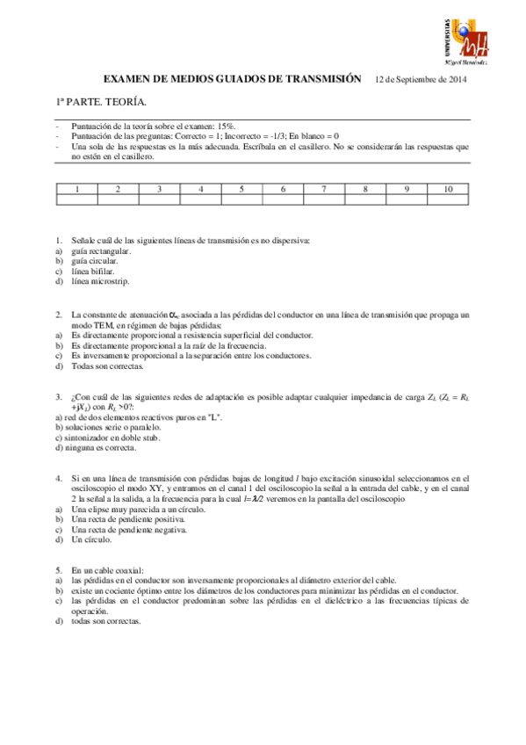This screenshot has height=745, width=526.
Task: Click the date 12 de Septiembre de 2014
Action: click(x=421, y=79)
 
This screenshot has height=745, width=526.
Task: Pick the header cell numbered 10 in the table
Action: click(x=449, y=189)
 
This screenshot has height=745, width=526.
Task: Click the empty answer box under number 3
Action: click(x=159, y=199)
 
